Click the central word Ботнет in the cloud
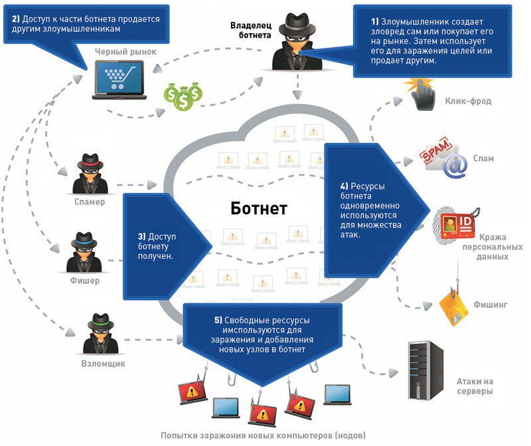(x=259, y=209)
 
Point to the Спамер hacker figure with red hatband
(x=89, y=174)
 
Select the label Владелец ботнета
(x=251, y=30)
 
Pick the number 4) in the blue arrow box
(x=344, y=186)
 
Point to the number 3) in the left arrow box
(x=141, y=236)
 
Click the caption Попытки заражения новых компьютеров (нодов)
(x=262, y=436)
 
